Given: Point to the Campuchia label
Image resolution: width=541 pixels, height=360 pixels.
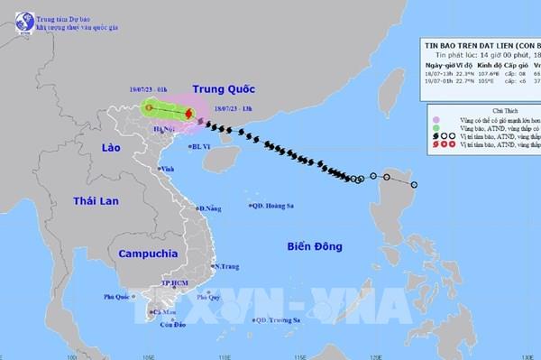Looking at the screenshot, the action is point(143,254).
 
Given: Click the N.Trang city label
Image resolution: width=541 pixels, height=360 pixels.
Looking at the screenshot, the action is point(226,267).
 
